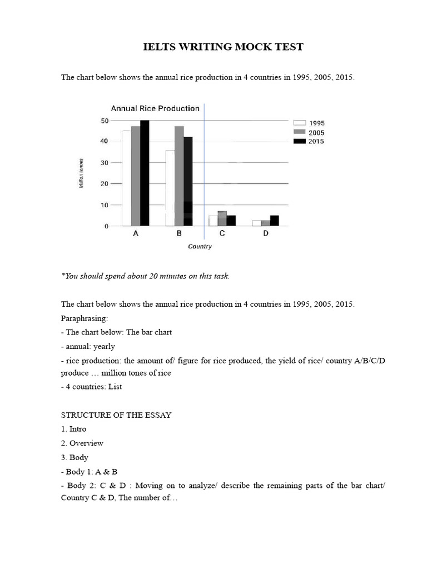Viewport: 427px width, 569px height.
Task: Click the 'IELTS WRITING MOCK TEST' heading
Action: coord(224,47)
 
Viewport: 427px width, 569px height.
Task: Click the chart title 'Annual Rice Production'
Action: coord(155,108)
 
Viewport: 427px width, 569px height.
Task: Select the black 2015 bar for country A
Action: coord(145,173)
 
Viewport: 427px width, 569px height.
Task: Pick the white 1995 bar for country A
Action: coord(126,178)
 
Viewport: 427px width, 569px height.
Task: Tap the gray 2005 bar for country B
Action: coord(179,176)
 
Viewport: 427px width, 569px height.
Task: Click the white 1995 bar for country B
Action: coord(170,188)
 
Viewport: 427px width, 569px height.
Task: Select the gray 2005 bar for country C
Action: coord(222,218)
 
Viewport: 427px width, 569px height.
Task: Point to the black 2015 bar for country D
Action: coord(274,221)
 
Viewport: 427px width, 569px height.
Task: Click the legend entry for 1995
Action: coord(309,123)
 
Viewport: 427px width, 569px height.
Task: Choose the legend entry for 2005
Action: coord(309,132)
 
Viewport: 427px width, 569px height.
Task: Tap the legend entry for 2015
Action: coord(309,141)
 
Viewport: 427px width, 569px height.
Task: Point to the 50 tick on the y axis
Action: coord(105,121)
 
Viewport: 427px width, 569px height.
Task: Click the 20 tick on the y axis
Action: coord(105,183)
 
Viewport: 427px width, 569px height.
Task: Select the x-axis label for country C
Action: coord(222,234)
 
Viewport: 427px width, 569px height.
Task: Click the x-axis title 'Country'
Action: coord(200,247)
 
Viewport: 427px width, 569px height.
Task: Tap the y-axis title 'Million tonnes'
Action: coord(81,173)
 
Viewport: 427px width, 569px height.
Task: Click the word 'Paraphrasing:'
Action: coord(85,318)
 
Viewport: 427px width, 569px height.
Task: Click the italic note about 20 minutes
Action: coord(145,276)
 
